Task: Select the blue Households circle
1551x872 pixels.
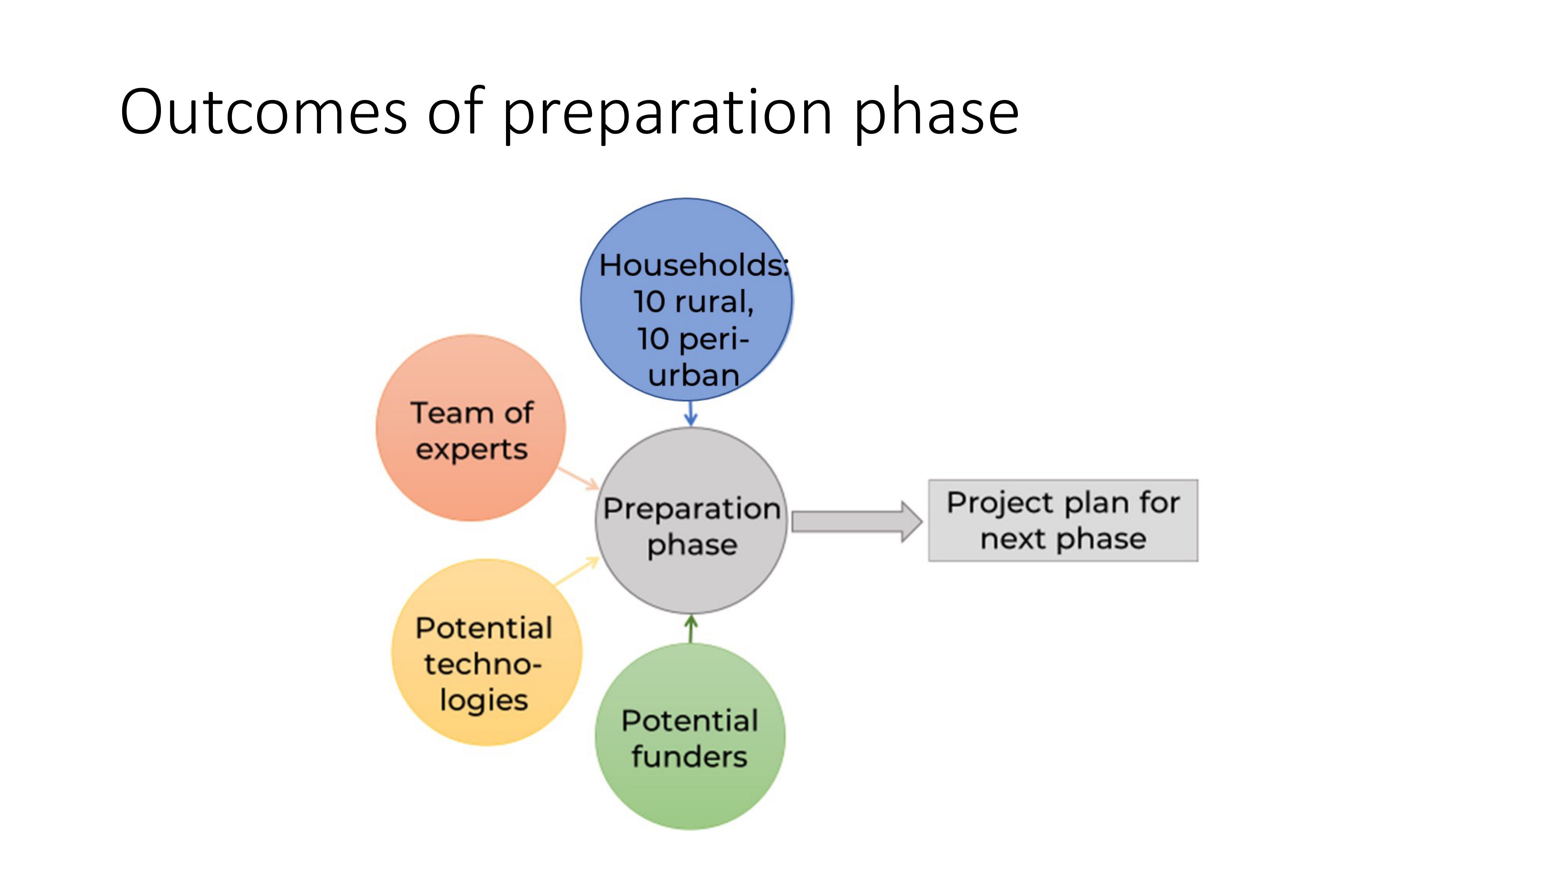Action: [686, 300]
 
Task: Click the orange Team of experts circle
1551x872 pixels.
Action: [471, 428]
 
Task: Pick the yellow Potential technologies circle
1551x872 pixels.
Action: [487, 652]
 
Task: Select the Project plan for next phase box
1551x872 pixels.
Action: [1063, 520]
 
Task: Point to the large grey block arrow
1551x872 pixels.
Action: [857, 522]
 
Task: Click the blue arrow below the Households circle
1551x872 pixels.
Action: [691, 414]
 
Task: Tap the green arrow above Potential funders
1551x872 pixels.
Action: [691, 629]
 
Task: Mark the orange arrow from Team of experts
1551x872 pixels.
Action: [578, 478]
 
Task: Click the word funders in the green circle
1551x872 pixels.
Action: [689, 757]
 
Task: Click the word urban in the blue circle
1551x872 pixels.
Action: [694, 376]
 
